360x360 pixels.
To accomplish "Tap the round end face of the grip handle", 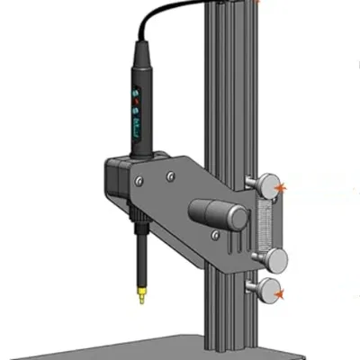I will coord(236,216).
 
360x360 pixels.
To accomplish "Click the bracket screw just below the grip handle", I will coord(215,235).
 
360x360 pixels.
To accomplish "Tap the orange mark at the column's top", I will coord(261,3).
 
